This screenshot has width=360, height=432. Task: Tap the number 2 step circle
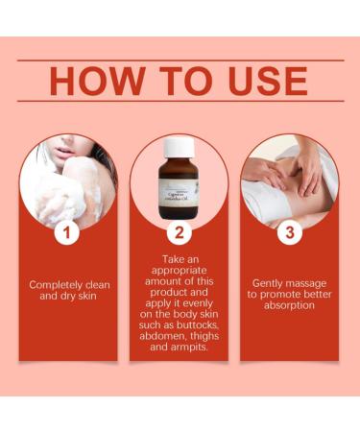point(179,231)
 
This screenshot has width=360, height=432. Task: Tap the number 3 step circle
point(289,231)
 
